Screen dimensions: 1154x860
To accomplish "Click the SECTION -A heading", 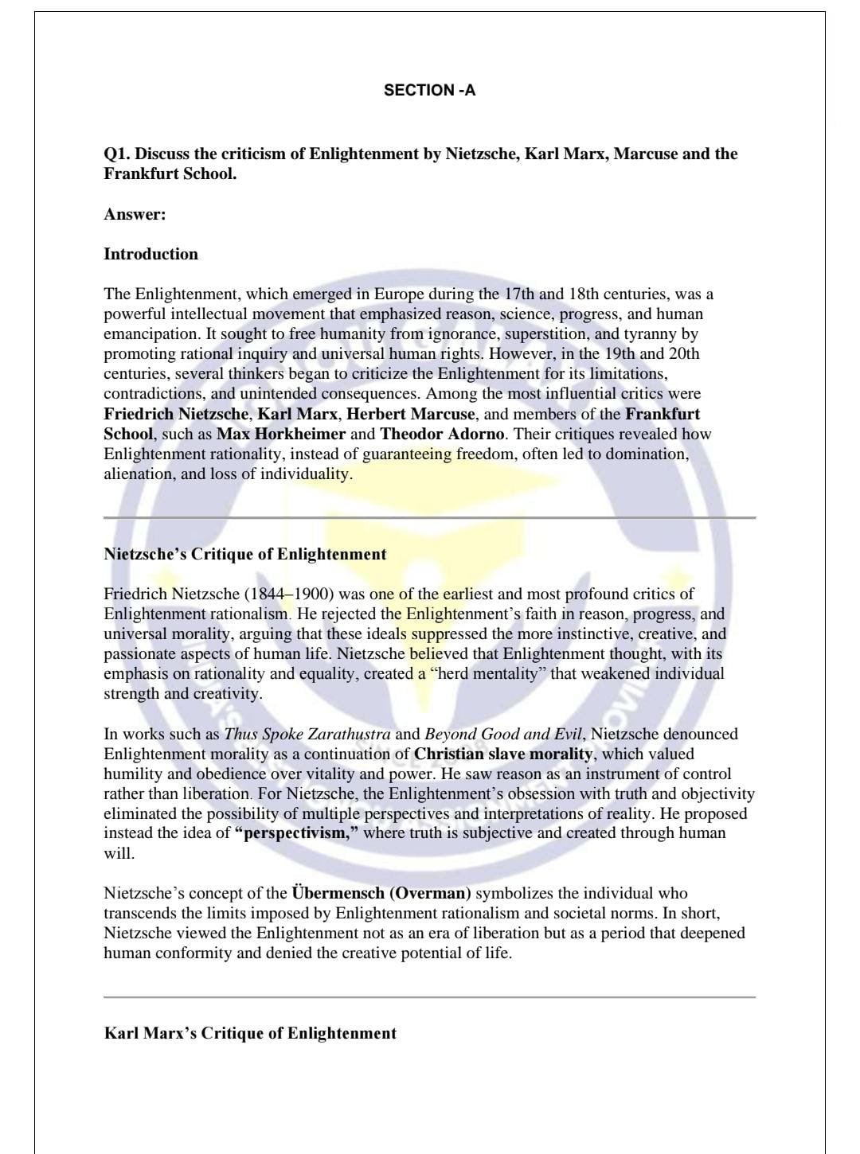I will coord(429,90).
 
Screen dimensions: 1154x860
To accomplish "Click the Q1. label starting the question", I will coord(117,154).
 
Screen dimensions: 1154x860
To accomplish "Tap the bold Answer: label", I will coord(135,214).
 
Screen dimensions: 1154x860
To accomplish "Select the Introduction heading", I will coord(150,254).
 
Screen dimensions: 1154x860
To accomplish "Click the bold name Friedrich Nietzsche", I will coord(176,414).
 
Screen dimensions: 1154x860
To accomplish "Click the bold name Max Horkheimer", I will coord(281,434).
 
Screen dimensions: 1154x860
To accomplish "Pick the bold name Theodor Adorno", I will coord(442,434).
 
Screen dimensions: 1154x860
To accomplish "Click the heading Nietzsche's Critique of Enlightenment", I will coord(244,554).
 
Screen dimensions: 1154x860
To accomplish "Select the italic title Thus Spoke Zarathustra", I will coord(307,734).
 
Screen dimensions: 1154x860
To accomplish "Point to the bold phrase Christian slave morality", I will coord(503,754).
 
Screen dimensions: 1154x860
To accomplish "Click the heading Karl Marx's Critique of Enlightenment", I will coord(250,1033).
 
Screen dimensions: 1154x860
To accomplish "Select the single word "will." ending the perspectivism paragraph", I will coord(119,853).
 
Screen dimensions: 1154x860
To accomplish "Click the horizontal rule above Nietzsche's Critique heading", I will coord(429,517).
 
